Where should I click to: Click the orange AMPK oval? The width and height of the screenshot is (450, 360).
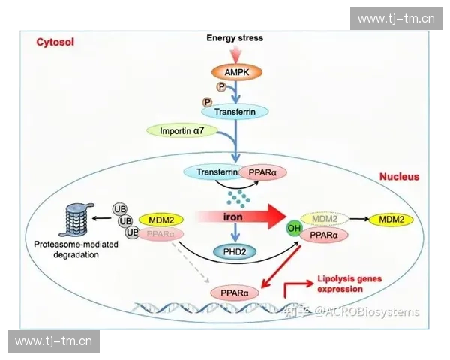click(x=235, y=72)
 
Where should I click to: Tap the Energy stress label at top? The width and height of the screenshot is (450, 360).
click(x=235, y=37)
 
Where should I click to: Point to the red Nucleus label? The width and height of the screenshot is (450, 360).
click(x=398, y=177)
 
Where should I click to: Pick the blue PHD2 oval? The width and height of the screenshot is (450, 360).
click(x=235, y=251)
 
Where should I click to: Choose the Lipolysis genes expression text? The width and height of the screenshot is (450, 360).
click(x=349, y=283)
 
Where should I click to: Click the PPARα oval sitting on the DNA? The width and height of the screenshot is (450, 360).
click(x=235, y=292)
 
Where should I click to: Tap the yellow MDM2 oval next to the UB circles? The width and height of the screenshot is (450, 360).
click(x=160, y=219)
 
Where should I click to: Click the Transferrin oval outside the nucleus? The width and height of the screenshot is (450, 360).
click(x=235, y=111)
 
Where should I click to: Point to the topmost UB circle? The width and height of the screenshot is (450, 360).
click(x=119, y=208)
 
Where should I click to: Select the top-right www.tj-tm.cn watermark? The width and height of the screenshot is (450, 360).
click(x=396, y=18)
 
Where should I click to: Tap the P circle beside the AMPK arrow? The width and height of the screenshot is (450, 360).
click(x=221, y=87)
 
